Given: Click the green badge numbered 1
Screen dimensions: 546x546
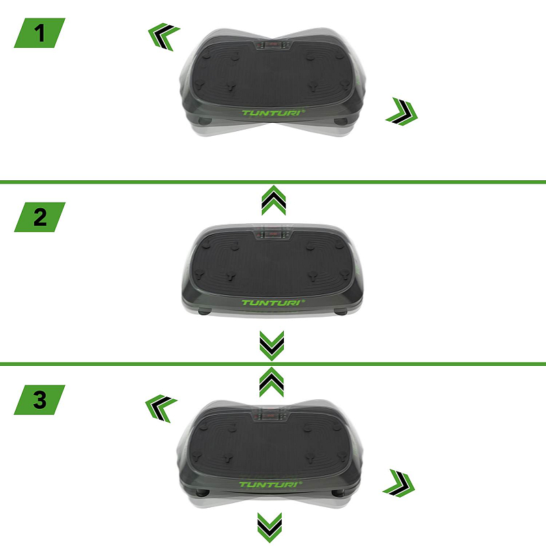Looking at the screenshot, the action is click(x=40, y=33).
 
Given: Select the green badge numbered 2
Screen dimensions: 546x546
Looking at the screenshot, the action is click(x=40, y=217).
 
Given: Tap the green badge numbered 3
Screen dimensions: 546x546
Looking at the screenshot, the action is click(x=40, y=400).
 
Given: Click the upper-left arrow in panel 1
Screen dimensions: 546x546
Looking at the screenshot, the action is click(x=163, y=36).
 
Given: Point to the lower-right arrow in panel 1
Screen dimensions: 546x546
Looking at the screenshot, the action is click(x=402, y=112).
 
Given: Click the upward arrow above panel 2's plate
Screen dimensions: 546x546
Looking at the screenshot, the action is click(x=274, y=200).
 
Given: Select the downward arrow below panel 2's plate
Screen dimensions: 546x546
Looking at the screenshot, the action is click(x=272, y=345).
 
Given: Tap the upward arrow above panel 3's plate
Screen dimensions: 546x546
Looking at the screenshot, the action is click(x=272, y=382).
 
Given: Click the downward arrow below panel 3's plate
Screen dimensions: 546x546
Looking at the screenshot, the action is click(x=270, y=527).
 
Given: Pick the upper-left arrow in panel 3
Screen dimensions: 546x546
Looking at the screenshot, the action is click(x=160, y=407).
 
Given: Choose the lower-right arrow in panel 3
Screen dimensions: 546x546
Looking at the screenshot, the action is click(x=399, y=483).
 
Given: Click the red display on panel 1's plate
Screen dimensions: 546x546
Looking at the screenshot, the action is click(x=274, y=44).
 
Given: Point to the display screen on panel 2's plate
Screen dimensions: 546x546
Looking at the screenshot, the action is click(x=273, y=234).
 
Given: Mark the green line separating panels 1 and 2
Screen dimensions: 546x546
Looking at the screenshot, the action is click(x=273, y=182).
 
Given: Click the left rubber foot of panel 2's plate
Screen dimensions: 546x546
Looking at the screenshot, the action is click(x=205, y=312).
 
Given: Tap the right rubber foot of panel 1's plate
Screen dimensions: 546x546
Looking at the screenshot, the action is click(x=340, y=121).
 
